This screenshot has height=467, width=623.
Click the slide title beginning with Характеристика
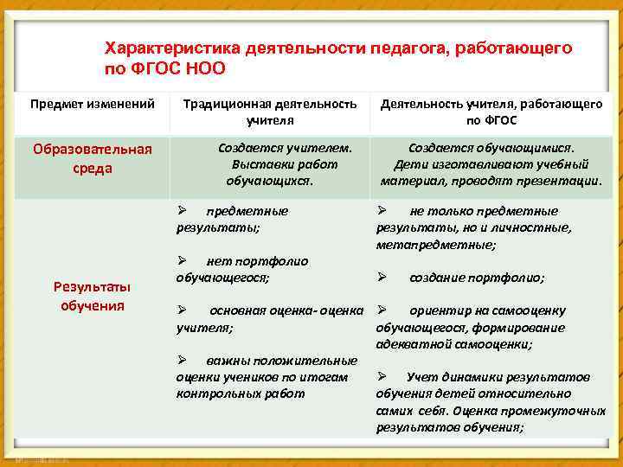pos(337,57)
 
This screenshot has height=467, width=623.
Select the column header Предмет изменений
pos(93,104)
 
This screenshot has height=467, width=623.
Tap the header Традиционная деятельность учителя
pos(269,112)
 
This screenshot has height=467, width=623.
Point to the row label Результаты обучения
pos(93,296)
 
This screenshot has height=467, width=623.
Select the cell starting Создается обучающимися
pos(491,164)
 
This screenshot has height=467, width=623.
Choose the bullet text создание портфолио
pos(477,278)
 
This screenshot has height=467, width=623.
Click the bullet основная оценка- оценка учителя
pos(269,318)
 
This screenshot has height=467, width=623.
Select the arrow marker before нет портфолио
pos(182,260)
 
